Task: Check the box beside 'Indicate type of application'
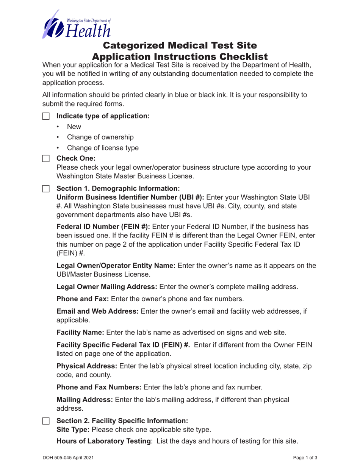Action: (x=45, y=116)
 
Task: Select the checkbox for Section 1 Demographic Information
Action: (x=45, y=188)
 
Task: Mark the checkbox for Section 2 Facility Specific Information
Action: (x=45, y=421)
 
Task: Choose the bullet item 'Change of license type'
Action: (x=103, y=148)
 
